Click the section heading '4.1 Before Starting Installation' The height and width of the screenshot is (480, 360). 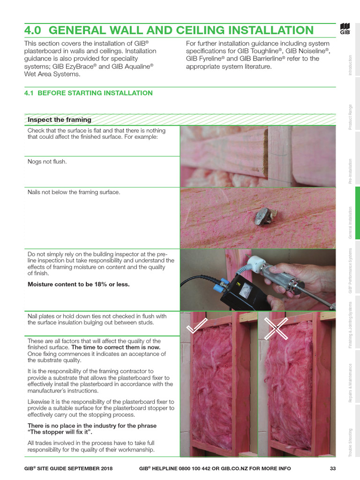(x=88, y=93)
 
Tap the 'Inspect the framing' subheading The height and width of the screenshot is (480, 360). (x=60, y=120)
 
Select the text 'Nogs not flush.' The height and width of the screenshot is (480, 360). (x=47, y=162)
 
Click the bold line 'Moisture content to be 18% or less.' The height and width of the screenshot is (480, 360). (x=79, y=284)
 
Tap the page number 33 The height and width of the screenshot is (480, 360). (x=333, y=468)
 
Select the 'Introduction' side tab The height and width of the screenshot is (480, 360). (x=350, y=66)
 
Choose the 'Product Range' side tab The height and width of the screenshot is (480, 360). (x=350, y=117)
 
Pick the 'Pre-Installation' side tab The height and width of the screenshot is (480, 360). (x=350, y=171)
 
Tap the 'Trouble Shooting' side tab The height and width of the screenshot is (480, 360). (x=350, y=442)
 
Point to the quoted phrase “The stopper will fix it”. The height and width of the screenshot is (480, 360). (x=60, y=432)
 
